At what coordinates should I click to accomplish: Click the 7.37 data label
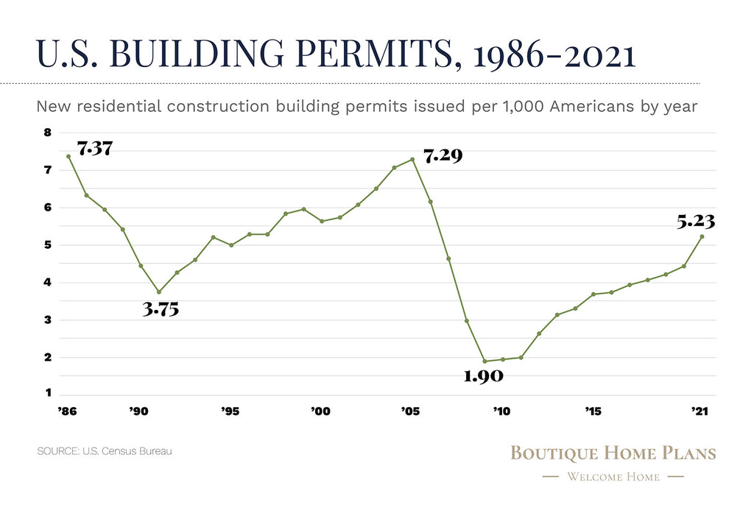coord(95,149)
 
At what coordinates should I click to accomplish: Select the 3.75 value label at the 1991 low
coord(161,309)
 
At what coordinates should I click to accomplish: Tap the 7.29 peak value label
coord(443,155)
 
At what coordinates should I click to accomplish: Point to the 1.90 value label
coord(483,375)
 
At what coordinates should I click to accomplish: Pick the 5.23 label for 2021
coord(696,221)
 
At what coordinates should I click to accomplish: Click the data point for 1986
coord(68,156)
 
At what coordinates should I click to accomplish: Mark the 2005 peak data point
coord(412,160)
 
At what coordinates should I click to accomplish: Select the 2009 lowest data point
coord(485,361)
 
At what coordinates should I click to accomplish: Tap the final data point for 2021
coord(702,236)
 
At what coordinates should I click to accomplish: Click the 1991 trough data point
coord(159,292)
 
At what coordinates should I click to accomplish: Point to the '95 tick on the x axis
coord(230,412)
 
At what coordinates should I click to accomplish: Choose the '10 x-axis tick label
coord(501,412)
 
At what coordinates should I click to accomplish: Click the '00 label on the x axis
coord(321,412)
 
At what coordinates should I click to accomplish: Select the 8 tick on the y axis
coord(48,133)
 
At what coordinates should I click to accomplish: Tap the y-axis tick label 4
coord(48,282)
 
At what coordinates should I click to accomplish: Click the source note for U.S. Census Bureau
coord(105,451)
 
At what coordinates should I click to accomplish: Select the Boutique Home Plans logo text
coord(613,453)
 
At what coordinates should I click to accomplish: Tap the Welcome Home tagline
coord(613,477)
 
